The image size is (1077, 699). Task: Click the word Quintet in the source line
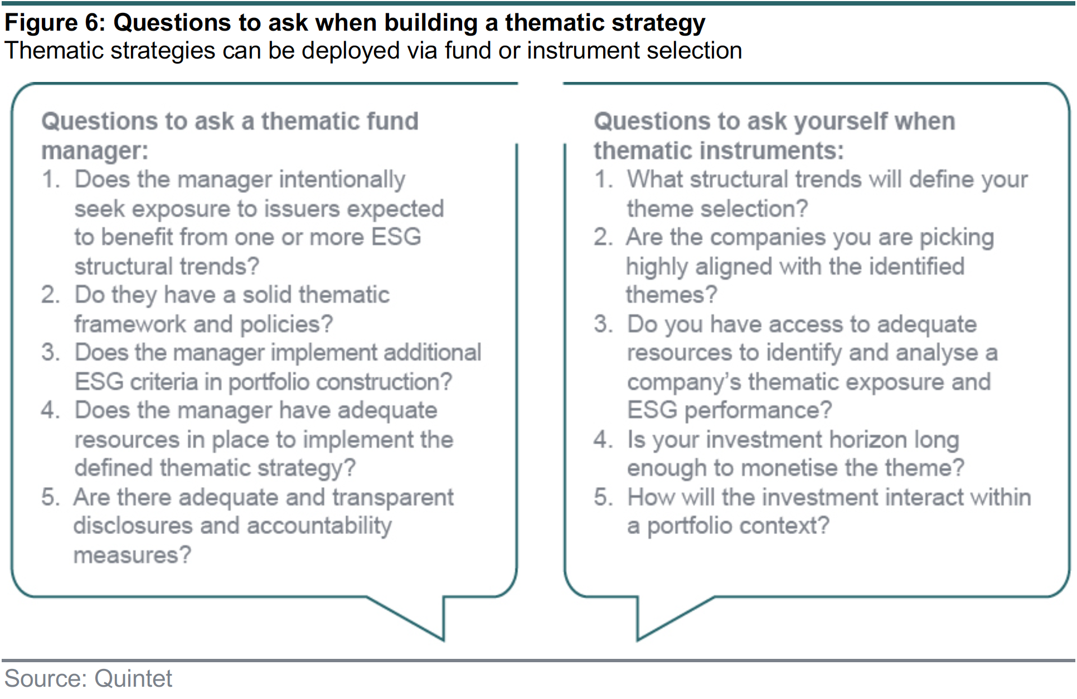pos(133,679)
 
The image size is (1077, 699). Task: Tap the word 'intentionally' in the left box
pos(342,180)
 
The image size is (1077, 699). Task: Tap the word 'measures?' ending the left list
pos(133,555)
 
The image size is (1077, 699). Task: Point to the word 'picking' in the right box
pos(957,238)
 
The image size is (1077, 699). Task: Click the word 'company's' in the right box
pos(683,382)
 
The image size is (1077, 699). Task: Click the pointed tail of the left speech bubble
pos(443,640)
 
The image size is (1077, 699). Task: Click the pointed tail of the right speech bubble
pos(638,640)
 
